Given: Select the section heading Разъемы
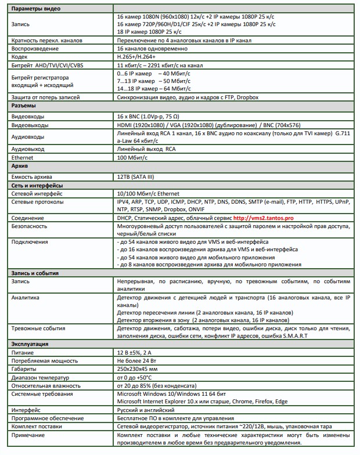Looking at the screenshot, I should tap(24, 106).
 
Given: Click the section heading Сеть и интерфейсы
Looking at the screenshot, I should tap(36, 185).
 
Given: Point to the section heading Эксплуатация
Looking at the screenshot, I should tap(33, 344).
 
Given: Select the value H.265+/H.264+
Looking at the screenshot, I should tap(138, 57).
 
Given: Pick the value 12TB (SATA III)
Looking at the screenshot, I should tap(138, 176).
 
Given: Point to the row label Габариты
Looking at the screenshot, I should tap(24, 369).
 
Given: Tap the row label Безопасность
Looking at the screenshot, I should tap(30, 226).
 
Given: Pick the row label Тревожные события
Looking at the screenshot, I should tap(38, 328).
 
